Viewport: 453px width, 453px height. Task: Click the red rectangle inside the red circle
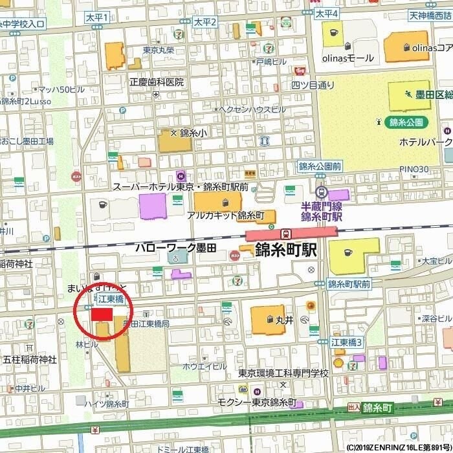pos(102,314)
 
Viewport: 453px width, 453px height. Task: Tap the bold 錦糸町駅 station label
pos(285,250)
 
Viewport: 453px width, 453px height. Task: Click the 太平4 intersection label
pos(327,13)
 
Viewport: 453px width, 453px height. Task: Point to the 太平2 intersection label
pos(204,22)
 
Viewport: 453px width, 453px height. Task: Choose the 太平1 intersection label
pos(97,17)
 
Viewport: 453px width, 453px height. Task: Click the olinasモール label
pos(348,58)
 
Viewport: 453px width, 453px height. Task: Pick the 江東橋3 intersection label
pos(346,341)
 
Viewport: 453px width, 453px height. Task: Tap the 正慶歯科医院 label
pos(157,82)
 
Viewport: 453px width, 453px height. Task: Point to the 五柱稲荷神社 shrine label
pos(30,359)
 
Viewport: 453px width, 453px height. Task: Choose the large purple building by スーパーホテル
pos(152,206)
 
